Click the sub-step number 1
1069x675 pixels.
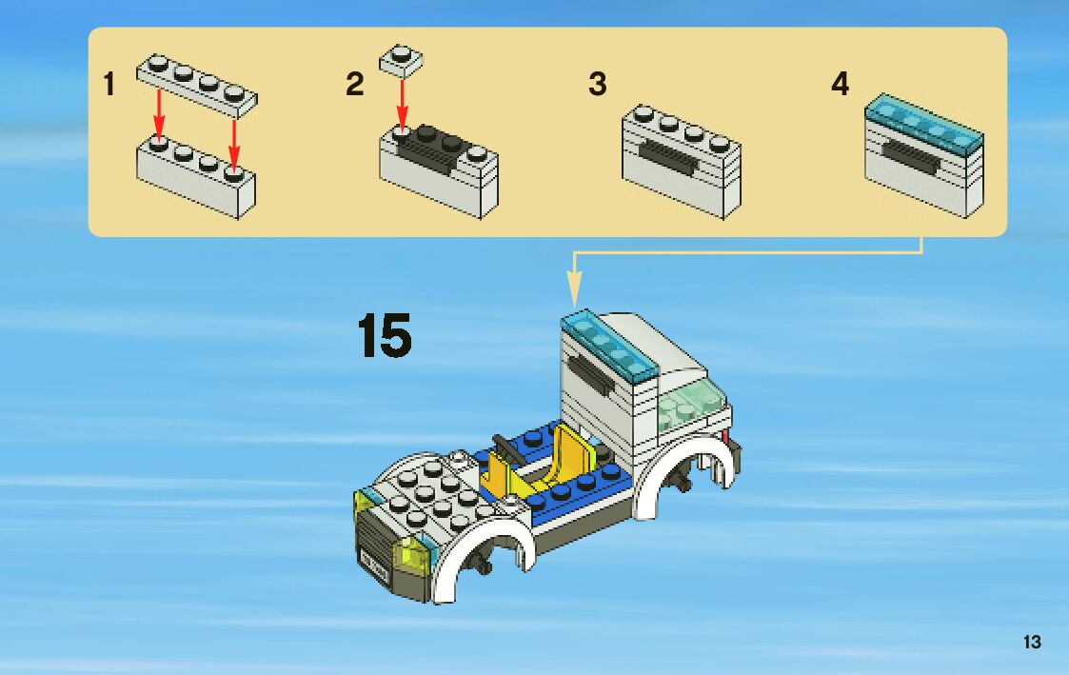point(109,86)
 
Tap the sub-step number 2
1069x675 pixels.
point(354,85)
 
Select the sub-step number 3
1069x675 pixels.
point(597,84)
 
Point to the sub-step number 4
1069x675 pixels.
point(840,84)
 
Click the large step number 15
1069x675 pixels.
point(385,335)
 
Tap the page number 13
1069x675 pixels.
point(1032,643)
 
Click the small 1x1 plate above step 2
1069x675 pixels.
point(401,60)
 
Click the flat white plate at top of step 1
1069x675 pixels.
point(196,85)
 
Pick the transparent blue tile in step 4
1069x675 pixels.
point(923,122)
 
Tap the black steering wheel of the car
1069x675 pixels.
point(505,449)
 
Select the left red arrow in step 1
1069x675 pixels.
point(159,113)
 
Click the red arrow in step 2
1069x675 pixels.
point(402,105)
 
